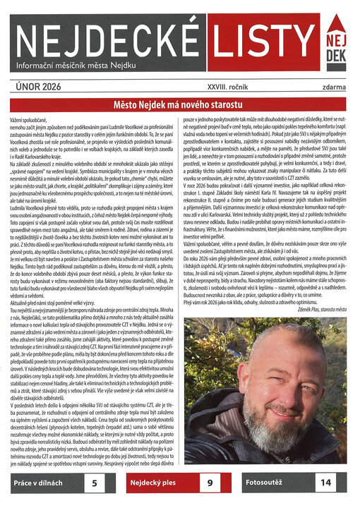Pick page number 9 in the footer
coord(210,484)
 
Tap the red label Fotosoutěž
coord(265,484)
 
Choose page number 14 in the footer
coord(325,484)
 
